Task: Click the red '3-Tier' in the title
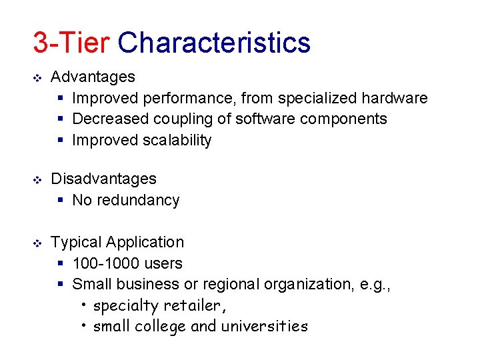71,42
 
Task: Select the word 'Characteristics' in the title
214,42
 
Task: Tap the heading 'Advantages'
93,77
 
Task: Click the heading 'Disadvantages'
103,179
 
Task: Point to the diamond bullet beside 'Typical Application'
37,243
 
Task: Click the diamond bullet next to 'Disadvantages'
37,179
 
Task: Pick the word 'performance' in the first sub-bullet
193,99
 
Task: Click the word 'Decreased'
110,119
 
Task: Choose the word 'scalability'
177,141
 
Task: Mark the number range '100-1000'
104,263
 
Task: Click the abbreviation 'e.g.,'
375,285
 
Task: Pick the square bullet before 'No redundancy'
60,201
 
